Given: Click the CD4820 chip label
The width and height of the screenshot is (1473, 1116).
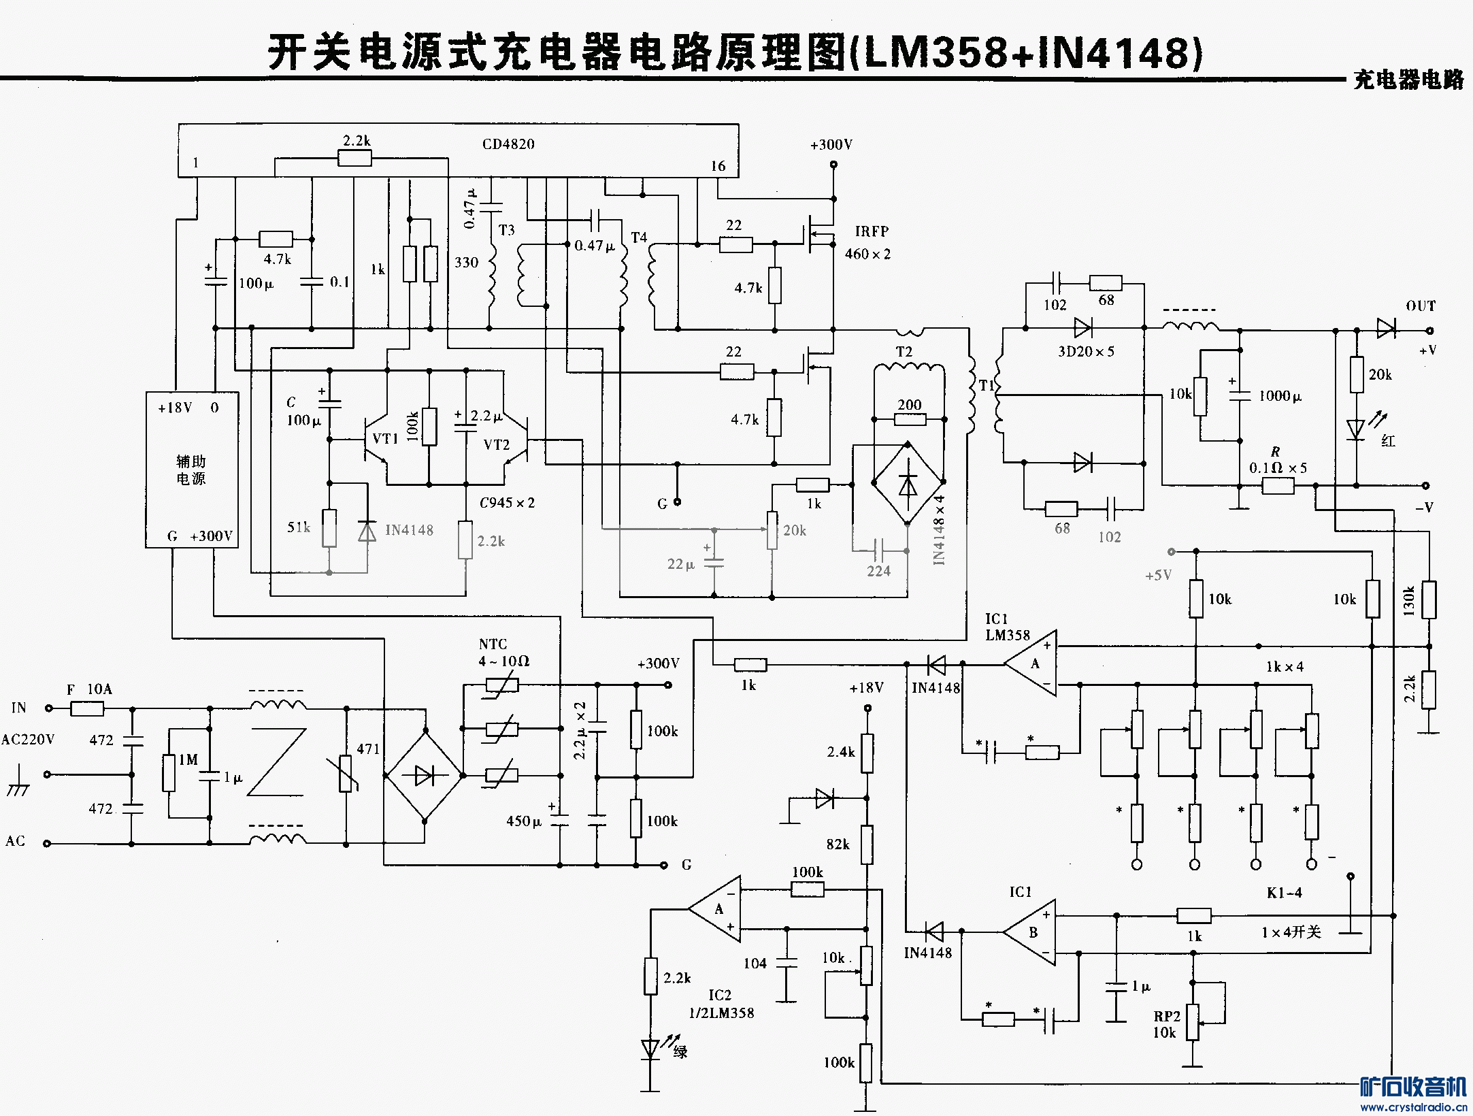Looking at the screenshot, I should point(508,144).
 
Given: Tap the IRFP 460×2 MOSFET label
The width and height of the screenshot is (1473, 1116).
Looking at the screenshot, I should point(868,242).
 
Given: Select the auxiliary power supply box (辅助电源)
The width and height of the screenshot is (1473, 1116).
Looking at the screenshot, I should point(191,470).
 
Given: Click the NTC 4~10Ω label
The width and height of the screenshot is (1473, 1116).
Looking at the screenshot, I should point(503,653).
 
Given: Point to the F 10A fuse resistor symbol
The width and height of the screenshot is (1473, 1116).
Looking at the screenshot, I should point(87,708).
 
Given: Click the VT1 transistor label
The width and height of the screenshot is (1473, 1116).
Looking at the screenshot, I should point(385,439).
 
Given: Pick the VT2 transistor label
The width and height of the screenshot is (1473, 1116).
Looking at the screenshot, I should point(497,445).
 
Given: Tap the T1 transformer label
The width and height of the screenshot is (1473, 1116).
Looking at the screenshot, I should point(987,385).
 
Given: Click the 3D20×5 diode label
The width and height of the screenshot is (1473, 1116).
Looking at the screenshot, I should point(1086,352).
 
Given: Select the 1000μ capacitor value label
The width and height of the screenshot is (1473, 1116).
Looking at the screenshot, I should point(1280,396).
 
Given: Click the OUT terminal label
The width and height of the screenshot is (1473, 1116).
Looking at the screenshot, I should point(1421,306).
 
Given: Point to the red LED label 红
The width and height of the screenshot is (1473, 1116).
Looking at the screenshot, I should point(1388,441).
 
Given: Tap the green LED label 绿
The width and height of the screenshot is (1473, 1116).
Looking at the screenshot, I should point(680,1051).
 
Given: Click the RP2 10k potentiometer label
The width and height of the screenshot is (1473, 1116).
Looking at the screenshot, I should point(1166,1024).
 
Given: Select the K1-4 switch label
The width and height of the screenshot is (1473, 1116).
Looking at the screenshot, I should point(1284,893).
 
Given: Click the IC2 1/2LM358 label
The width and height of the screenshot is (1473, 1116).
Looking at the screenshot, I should point(721,1004).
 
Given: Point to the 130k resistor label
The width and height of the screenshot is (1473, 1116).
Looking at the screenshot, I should point(1409,600).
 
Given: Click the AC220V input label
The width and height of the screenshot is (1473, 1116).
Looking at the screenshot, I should point(28,740).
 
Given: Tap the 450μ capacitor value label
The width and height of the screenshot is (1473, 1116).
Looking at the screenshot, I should point(523,821).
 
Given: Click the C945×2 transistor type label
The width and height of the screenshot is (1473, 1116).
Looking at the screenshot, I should point(507,503).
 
